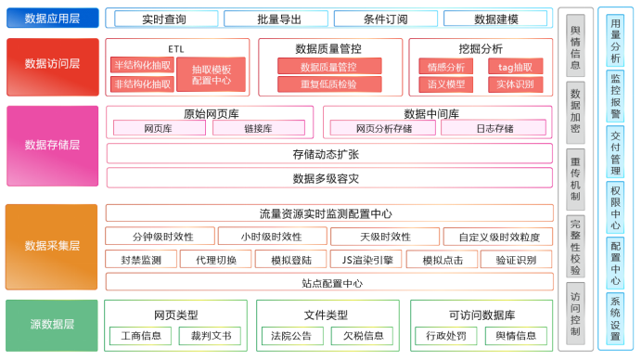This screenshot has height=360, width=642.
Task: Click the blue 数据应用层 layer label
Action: click(52, 18)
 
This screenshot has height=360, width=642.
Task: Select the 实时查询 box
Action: click(166, 19)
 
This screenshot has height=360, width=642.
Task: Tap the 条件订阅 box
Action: click(386, 19)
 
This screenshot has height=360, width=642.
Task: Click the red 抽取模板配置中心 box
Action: click(212, 74)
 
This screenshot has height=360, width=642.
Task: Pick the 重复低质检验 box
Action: click(329, 84)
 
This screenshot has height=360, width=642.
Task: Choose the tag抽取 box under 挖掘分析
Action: click(516, 67)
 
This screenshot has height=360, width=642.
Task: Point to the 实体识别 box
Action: click(516, 84)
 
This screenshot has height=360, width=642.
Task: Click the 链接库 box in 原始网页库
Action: click(259, 128)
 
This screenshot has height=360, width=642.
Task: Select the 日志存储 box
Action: click(494, 128)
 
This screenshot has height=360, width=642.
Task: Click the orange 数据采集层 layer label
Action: click(52, 247)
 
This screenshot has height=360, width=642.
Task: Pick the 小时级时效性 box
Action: click(272, 237)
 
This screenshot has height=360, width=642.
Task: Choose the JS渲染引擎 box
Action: click(367, 259)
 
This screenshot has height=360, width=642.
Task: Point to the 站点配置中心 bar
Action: click(329, 283)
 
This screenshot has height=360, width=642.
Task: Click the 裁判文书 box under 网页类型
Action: click(210, 336)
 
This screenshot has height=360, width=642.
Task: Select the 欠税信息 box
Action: click(363, 336)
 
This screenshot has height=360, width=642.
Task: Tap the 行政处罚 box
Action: click(446, 336)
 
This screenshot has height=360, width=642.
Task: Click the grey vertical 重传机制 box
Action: click(575, 179)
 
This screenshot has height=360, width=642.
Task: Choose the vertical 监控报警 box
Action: click(615, 96)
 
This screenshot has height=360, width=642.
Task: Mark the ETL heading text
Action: click(176, 49)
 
